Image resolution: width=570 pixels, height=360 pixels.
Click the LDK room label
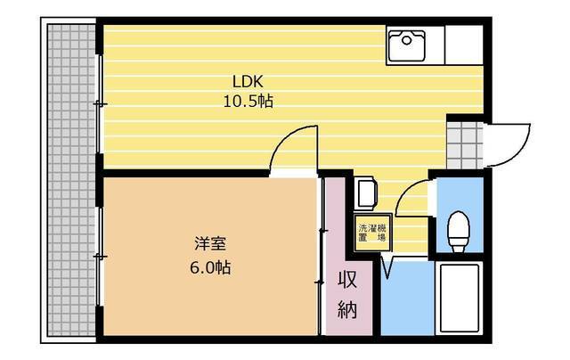[x=248, y=82]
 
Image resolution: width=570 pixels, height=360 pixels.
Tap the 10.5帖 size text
[x=248, y=102]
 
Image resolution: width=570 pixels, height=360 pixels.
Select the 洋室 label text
[x=210, y=243]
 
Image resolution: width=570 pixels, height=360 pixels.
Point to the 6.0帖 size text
[x=210, y=267]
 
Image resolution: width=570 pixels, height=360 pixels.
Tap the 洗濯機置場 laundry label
[x=372, y=233]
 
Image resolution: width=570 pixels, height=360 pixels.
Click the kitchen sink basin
[x=407, y=45]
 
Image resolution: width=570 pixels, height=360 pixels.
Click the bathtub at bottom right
[x=460, y=298]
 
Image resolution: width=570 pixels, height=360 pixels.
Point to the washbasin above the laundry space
[x=366, y=193]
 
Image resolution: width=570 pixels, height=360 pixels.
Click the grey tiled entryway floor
[x=465, y=145]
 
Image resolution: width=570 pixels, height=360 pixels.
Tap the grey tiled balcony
[x=71, y=180]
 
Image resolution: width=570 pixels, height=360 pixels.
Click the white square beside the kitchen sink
[x=464, y=45]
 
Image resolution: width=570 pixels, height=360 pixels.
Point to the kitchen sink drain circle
[x=406, y=40]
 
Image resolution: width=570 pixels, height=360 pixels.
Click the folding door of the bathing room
[x=388, y=267]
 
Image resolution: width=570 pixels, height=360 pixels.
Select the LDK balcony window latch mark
[x=100, y=104]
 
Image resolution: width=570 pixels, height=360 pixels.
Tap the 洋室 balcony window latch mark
[x=100, y=257]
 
